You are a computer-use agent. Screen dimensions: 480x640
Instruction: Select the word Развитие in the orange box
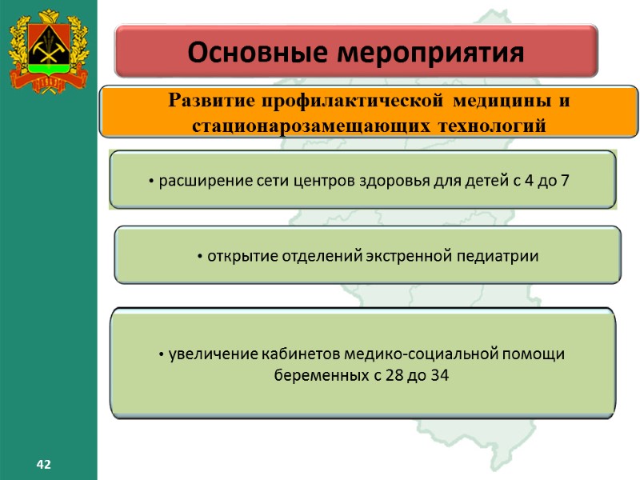205,102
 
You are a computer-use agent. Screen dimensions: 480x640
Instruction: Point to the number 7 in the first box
566,180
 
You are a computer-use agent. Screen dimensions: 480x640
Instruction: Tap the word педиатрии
497,256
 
